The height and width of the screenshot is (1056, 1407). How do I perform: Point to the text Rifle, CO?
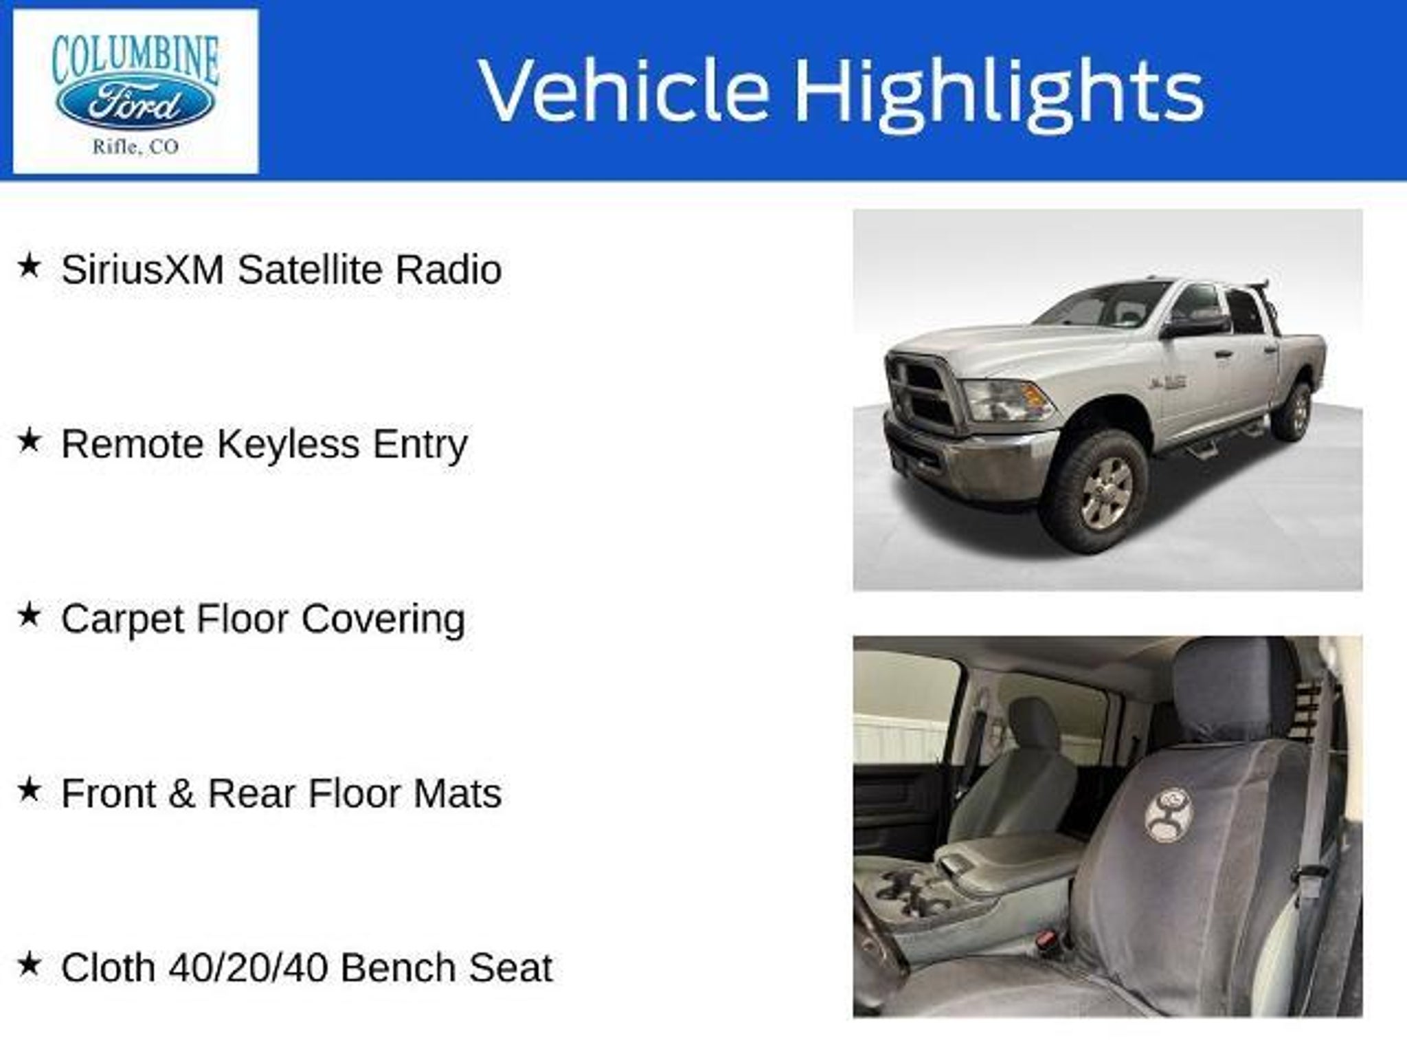[x=135, y=146]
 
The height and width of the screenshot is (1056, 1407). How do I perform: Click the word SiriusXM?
[x=143, y=269]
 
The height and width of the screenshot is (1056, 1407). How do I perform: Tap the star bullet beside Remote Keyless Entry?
[x=29, y=441]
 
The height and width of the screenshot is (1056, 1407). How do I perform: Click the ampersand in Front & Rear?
[x=181, y=794]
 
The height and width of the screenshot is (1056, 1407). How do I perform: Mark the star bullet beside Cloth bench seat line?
[x=29, y=965]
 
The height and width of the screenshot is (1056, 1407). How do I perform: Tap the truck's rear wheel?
[x=1293, y=411]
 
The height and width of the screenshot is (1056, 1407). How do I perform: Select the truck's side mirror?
[x=1194, y=324]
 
